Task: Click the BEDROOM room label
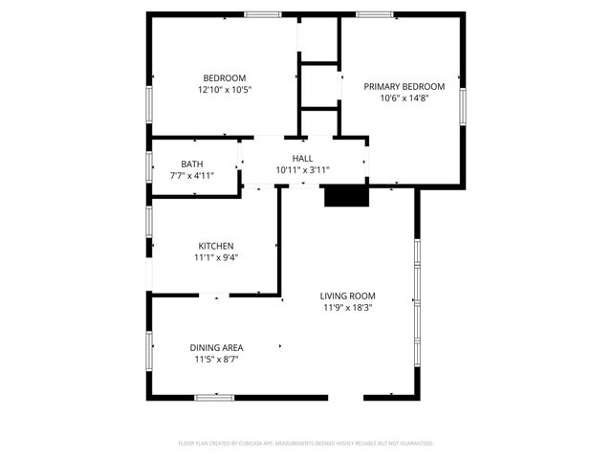coord(224,78)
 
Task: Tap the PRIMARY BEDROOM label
coord(404,86)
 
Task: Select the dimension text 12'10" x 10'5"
coord(224,90)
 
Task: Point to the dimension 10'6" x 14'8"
coord(404,98)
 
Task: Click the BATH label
coord(191,164)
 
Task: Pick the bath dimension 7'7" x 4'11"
coord(191,176)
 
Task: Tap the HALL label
coord(302,159)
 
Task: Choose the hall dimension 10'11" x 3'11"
coord(302,170)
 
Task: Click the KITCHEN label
coord(215,246)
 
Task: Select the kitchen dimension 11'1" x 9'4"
coord(215,257)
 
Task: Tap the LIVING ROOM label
coord(347,296)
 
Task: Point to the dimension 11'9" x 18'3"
coord(347,308)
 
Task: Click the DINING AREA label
coord(215,348)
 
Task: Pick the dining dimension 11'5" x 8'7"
coord(215,360)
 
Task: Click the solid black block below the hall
coord(345,196)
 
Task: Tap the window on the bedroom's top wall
coord(262,14)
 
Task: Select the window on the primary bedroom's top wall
coord(373,14)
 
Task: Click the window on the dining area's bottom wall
coord(214,397)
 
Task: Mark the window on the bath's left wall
coord(149,164)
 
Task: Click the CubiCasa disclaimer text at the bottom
coord(306,444)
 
